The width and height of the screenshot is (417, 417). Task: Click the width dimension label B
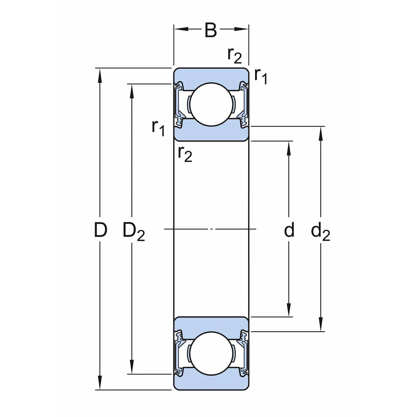click(x=211, y=31)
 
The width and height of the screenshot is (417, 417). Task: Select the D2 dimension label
click(x=133, y=231)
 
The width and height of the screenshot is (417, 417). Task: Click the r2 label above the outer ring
click(x=234, y=55)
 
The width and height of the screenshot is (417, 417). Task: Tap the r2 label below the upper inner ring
click(x=185, y=153)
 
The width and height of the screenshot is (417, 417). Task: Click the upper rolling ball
click(x=209, y=104)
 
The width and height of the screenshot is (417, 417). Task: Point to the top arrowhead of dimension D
click(x=100, y=73)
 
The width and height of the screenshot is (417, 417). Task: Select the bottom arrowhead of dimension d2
click(x=320, y=327)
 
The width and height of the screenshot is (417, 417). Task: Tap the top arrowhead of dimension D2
click(x=131, y=89)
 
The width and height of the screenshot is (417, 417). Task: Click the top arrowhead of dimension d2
click(x=320, y=131)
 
